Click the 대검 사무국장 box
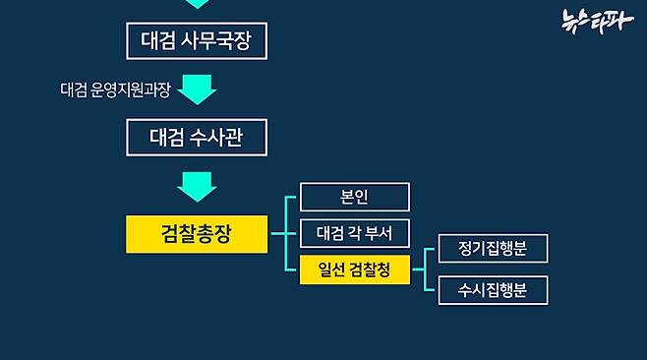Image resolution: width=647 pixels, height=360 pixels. point(197,41)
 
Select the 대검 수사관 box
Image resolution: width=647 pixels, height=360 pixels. point(197,138)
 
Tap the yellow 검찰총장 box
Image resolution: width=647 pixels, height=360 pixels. point(197,234)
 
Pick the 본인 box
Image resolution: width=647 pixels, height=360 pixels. point(354,198)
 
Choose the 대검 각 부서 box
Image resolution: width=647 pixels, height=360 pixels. point(354,234)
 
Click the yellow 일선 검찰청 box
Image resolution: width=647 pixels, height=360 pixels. point(354,270)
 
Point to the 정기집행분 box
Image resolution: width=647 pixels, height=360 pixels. point(493,249)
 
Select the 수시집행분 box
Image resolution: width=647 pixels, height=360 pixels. point(493,290)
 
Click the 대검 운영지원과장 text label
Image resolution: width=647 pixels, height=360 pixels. point(115,90)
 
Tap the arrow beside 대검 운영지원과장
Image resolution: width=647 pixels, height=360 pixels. point(197,90)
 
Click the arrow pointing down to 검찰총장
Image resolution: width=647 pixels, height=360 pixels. point(197,186)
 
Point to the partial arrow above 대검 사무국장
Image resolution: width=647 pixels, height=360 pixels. point(197,4)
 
